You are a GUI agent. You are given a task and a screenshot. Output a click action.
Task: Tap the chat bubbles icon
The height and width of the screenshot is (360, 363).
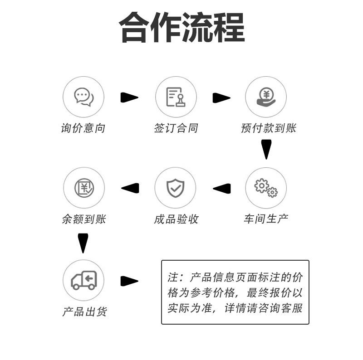point(83,97)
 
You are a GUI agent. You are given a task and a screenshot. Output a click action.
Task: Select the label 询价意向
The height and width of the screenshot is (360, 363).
point(83,128)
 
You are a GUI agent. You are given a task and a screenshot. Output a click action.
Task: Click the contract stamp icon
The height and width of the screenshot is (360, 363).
point(176,97)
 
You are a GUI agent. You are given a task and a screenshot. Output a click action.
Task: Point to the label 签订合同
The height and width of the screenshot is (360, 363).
point(176,128)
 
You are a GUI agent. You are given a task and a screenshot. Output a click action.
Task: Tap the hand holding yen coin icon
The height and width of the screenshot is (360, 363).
point(266,97)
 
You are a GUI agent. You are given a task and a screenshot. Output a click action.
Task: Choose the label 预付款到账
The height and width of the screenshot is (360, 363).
point(269,128)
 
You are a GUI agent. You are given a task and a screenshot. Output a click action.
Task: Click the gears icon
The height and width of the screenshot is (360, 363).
point(266,188)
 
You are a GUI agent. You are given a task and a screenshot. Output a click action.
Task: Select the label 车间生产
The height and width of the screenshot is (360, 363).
point(266,219)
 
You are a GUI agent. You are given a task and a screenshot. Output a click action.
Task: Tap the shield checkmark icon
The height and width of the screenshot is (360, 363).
point(175,188)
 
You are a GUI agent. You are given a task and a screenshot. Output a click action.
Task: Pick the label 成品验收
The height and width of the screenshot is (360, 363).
point(176,219)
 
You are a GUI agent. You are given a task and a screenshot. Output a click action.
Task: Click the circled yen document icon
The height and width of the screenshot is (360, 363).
point(84,188)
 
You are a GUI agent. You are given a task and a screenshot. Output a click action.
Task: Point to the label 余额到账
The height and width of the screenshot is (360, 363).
point(83,219)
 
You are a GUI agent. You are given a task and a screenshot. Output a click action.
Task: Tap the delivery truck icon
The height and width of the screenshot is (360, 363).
point(84,280)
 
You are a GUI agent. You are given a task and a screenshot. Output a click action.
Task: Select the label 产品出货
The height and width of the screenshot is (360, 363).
point(84,312)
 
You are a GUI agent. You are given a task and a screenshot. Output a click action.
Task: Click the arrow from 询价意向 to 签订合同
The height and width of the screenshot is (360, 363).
point(129,97)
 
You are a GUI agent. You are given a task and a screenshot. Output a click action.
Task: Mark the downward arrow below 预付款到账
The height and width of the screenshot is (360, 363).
point(266,149)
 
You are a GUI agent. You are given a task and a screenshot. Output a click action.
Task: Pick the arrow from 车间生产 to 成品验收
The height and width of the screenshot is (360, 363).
point(221,188)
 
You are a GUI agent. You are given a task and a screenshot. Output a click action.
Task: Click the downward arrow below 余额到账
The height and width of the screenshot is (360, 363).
point(83,243)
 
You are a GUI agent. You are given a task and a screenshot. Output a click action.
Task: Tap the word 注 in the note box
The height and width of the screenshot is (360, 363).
point(173,277)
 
